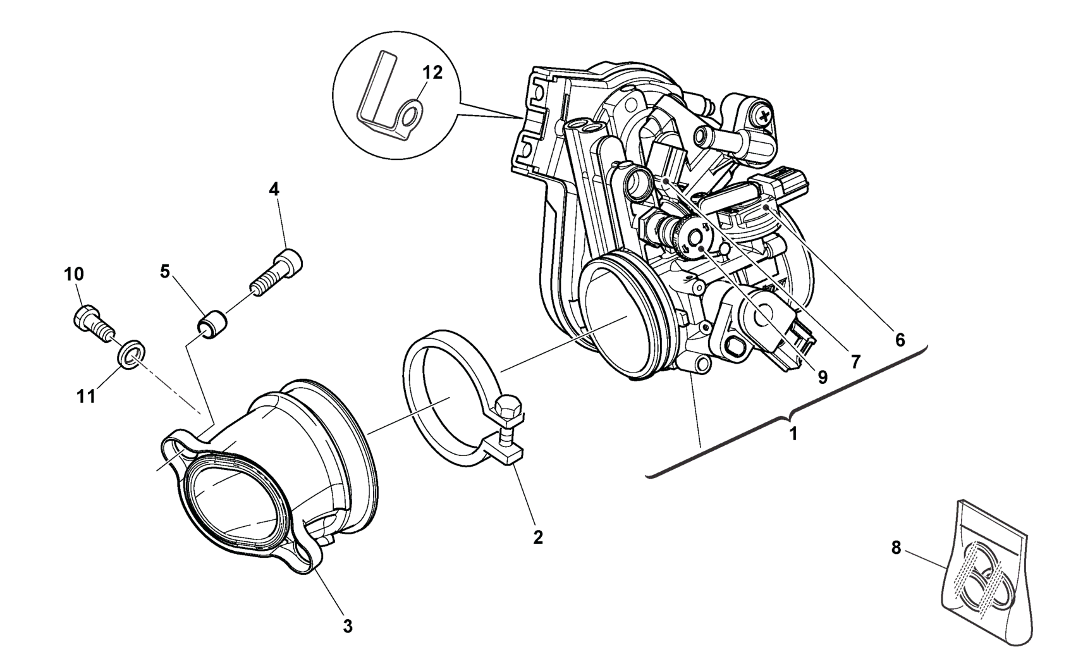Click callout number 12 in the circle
click(x=433, y=72)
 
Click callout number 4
click(x=274, y=189)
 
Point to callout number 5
click(x=165, y=272)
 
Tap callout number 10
click(x=73, y=274)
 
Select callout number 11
click(x=87, y=397)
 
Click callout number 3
click(x=347, y=626)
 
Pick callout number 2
click(x=537, y=537)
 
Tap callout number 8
click(x=896, y=548)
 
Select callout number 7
click(x=855, y=361)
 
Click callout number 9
click(x=822, y=376)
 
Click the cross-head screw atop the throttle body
click(x=764, y=116)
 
